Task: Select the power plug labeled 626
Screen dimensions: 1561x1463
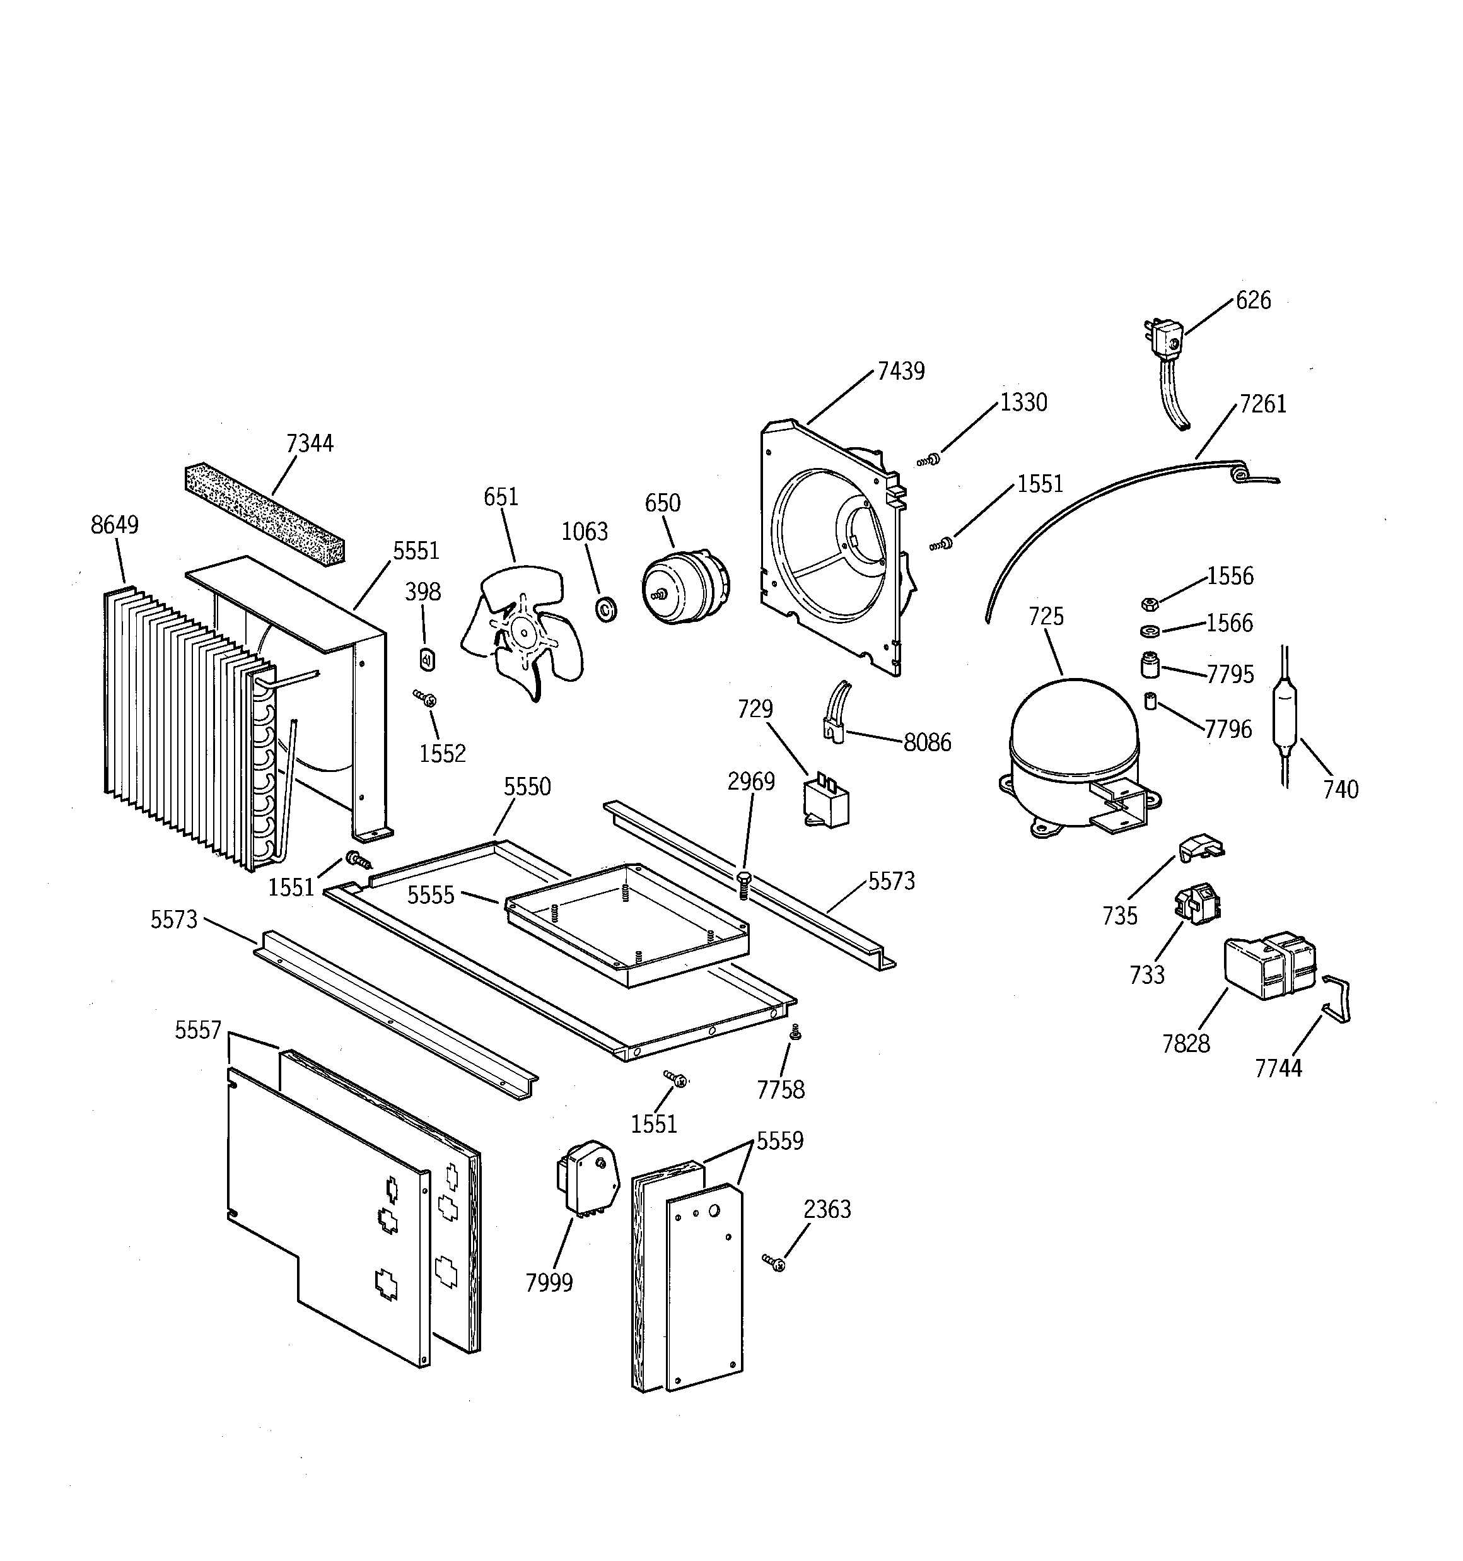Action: (1164, 340)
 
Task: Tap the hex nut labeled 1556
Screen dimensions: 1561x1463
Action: (1150, 604)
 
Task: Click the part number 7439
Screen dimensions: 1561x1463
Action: (900, 371)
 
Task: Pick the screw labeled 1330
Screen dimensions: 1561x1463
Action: (929, 459)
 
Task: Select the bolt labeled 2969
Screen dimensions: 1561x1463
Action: (743, 884)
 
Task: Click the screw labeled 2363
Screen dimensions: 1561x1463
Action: (774, 1263)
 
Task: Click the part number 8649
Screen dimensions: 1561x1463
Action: (115, 525)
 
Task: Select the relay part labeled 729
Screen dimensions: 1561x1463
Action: (825, 800)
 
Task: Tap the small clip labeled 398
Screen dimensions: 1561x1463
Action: (427, 660)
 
